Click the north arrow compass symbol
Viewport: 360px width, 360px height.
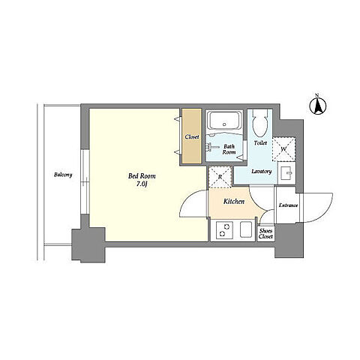pyautogui.click(x=318, y=106)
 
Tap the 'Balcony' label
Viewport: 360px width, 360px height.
pyautogui.click(x=63, y=175)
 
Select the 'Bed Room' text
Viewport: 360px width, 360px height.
pyautogui.click(x=142, y=176)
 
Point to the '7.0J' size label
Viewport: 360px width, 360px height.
pyautogui.click(x=142, y=184)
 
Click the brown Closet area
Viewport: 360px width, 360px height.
pyautogui.click(x=191, y=136)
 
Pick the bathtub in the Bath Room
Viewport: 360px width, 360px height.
pyautogui.click(x=224, y=121)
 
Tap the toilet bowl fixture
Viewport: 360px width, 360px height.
pyautogui.click(x=259, y=123)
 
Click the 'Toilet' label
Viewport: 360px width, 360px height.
pyautogui.click(x=260, y=143)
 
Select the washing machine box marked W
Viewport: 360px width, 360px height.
pyautogui.click(x=283, y=149)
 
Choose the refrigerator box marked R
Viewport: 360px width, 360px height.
pyautogui.click(x=220, y=177)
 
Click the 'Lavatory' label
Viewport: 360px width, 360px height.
pyautogui.click(x=262, y=172)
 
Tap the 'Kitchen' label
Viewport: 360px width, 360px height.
pyautogui.click(x=234, y=201)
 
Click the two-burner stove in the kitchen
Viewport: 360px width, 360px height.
pyautogui.click(x=224, y=230)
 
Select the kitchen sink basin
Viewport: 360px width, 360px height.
pyautogui.click(x=246, y=229)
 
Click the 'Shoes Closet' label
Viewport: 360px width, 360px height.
pyautogui.click(x=265, y=234)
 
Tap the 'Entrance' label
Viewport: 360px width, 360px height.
pyautogui.click(x=288, y=205)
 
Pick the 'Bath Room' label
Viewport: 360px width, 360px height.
pyautogui.click(x=229, y=149)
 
